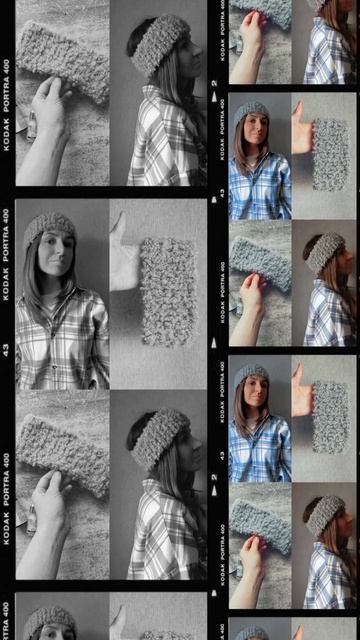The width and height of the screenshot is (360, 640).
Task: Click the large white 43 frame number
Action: (x=6, y=350)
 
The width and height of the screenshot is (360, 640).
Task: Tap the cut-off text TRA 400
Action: (x=6, y=620)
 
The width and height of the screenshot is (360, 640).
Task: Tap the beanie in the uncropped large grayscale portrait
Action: (x=49, y=229)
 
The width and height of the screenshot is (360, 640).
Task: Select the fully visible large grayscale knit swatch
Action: (x=168, y=292)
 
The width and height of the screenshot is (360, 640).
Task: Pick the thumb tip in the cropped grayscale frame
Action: (x=120, y=607)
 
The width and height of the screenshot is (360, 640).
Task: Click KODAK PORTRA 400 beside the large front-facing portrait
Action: (x=6, y=254)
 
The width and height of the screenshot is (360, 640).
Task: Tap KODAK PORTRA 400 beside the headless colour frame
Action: (x=222, y=31)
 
